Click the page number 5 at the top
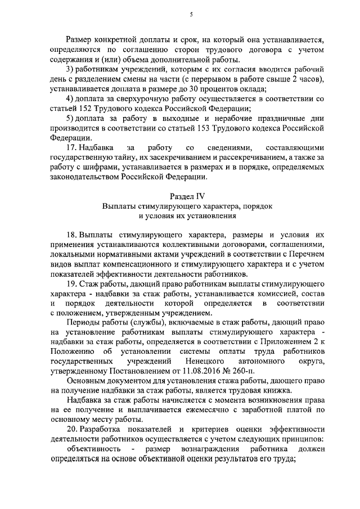coord(191,15)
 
